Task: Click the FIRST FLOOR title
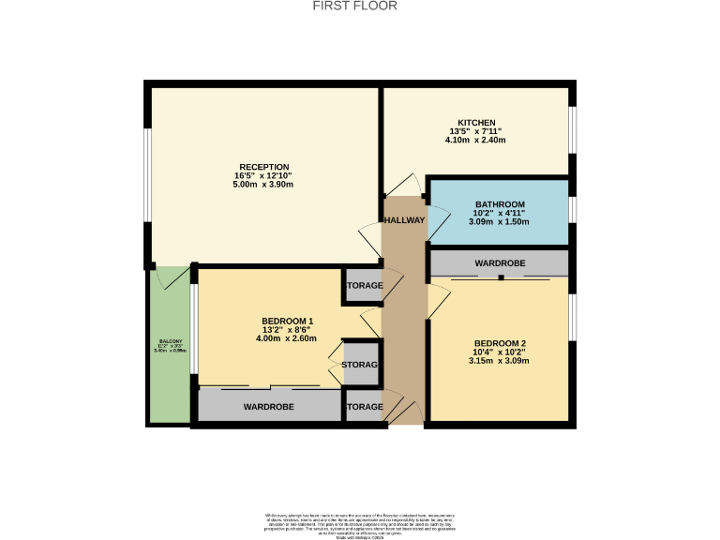[354, 6]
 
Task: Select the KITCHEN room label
[475, 123]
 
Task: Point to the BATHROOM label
[500, 204]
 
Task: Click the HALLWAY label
[405, 220]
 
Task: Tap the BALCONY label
[170, 341]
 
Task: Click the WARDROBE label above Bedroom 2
[499, 263]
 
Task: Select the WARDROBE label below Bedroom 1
[269, 407]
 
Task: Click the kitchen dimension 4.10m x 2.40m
[475, 140]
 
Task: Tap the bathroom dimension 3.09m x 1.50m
[500, 222]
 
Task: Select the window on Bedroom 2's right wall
[571, 318]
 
